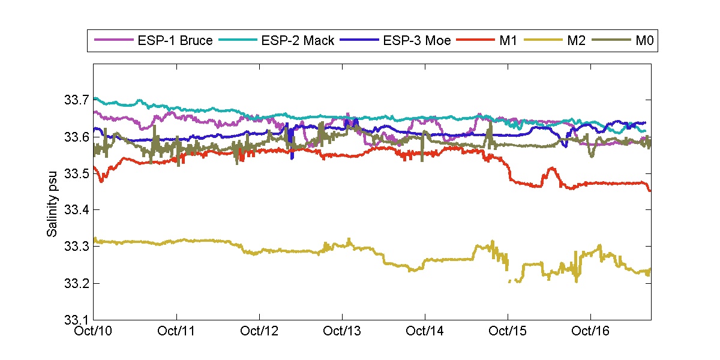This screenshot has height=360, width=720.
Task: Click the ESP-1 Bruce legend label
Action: click(x=174, y=41)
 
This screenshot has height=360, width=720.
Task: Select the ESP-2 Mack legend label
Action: click(x=298, y=41)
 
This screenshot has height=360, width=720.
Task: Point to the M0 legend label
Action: click(x=644, y=41)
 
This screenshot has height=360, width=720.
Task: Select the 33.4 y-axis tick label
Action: click(x=76, y=210)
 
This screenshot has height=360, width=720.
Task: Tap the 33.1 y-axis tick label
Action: click(x=76, y=320)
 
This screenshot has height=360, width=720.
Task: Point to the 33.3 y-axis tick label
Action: click(x=76, y=247)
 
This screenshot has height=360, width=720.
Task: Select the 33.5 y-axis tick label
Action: click(x=76, y=173)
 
